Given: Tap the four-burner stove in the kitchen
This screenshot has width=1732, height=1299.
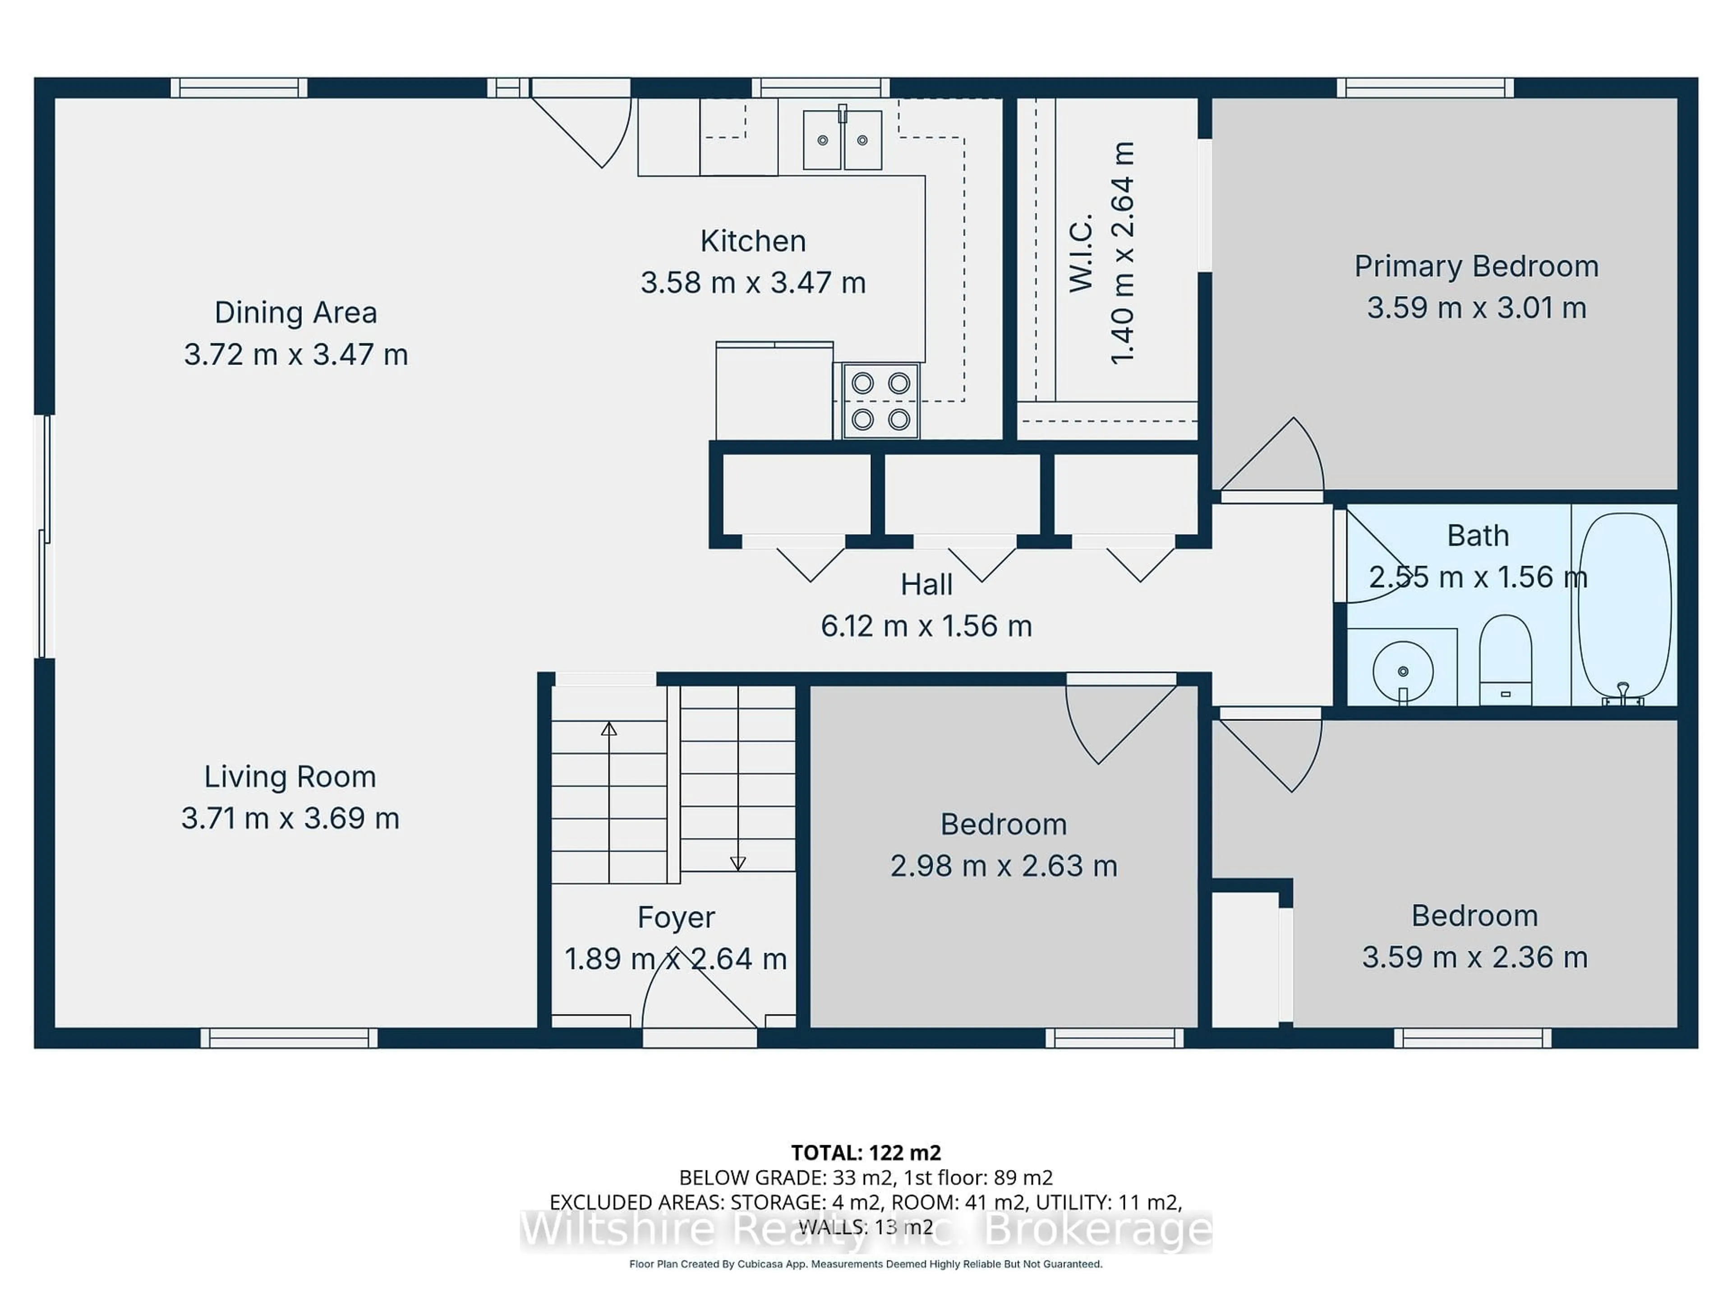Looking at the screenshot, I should point(880,401).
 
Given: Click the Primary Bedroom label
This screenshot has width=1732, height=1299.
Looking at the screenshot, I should point(1476,266).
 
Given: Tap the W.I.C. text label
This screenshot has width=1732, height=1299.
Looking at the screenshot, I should point(1081,253).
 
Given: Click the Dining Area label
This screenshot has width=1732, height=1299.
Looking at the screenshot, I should point(296,313).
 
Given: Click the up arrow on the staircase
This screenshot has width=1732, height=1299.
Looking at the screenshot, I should point(608,729).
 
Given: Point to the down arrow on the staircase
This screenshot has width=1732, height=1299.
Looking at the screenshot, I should point(737,863).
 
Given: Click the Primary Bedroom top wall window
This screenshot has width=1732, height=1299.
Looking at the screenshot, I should point(1424,88).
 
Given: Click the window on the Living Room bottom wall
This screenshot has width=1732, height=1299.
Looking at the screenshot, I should point(289,1038).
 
